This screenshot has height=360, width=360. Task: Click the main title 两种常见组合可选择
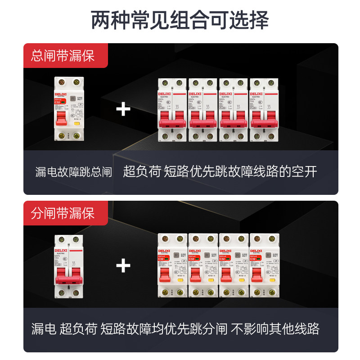coord(180,20)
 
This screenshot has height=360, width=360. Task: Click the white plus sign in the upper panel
coord(123,109)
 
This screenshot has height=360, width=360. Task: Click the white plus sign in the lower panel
coord(123,266)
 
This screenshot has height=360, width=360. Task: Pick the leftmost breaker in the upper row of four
coord(172,109)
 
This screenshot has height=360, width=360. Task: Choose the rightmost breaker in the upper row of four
coord(264,109)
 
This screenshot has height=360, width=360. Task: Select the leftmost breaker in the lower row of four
coord(172,266)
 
